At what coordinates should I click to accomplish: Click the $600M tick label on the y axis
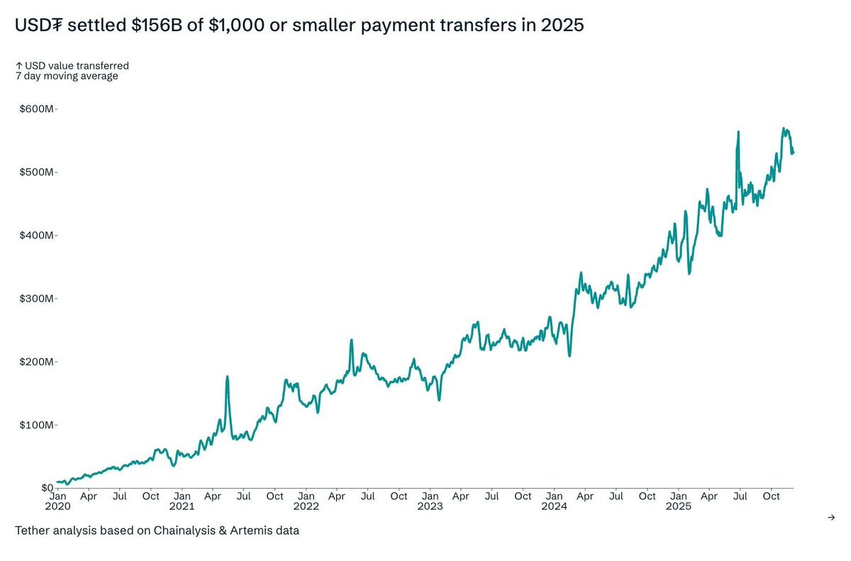[x=35, y=109]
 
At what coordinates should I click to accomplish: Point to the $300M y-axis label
[x=35, y=299]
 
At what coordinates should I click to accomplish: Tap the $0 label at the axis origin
[x=46, y=488]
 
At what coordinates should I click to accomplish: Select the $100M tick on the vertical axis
[x=35, y=425]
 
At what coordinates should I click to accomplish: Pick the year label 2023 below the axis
[x=430, y=506]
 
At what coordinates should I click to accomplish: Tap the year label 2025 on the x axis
[x=679, y=506]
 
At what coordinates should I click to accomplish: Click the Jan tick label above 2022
[x=306, y=496]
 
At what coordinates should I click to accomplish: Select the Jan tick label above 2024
[x=555, y=496]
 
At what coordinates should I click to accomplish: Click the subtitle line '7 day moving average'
[x=67, y=76]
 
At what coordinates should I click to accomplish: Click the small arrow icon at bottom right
[x=831, y=518]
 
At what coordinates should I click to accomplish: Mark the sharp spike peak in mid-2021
[x=227, y=377]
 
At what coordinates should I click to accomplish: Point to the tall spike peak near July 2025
[x=738, y=132]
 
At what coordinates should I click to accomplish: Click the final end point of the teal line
[x=793, y=152]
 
